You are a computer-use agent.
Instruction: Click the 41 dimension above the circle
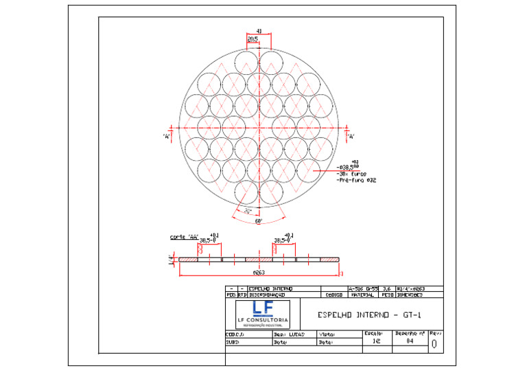[x=259, y=32]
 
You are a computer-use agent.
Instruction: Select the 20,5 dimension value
[x=253, y=39]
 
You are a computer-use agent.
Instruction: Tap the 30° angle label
[x=248, y=211]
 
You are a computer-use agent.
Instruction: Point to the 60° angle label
[x=259, y=221]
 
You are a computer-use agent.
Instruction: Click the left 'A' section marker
[x=166, y=136]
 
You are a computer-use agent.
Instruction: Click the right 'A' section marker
[x=351, y=136]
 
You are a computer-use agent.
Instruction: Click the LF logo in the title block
[x=262, y=308]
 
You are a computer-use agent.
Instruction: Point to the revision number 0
[x=434, y=344]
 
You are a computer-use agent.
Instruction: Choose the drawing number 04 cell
[x=410, y=340]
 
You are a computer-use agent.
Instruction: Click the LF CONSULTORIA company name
[x=262, y=321]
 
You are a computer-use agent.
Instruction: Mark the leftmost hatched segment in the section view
[x=188, y=260]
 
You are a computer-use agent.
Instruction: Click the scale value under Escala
[x=375, y=340]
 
